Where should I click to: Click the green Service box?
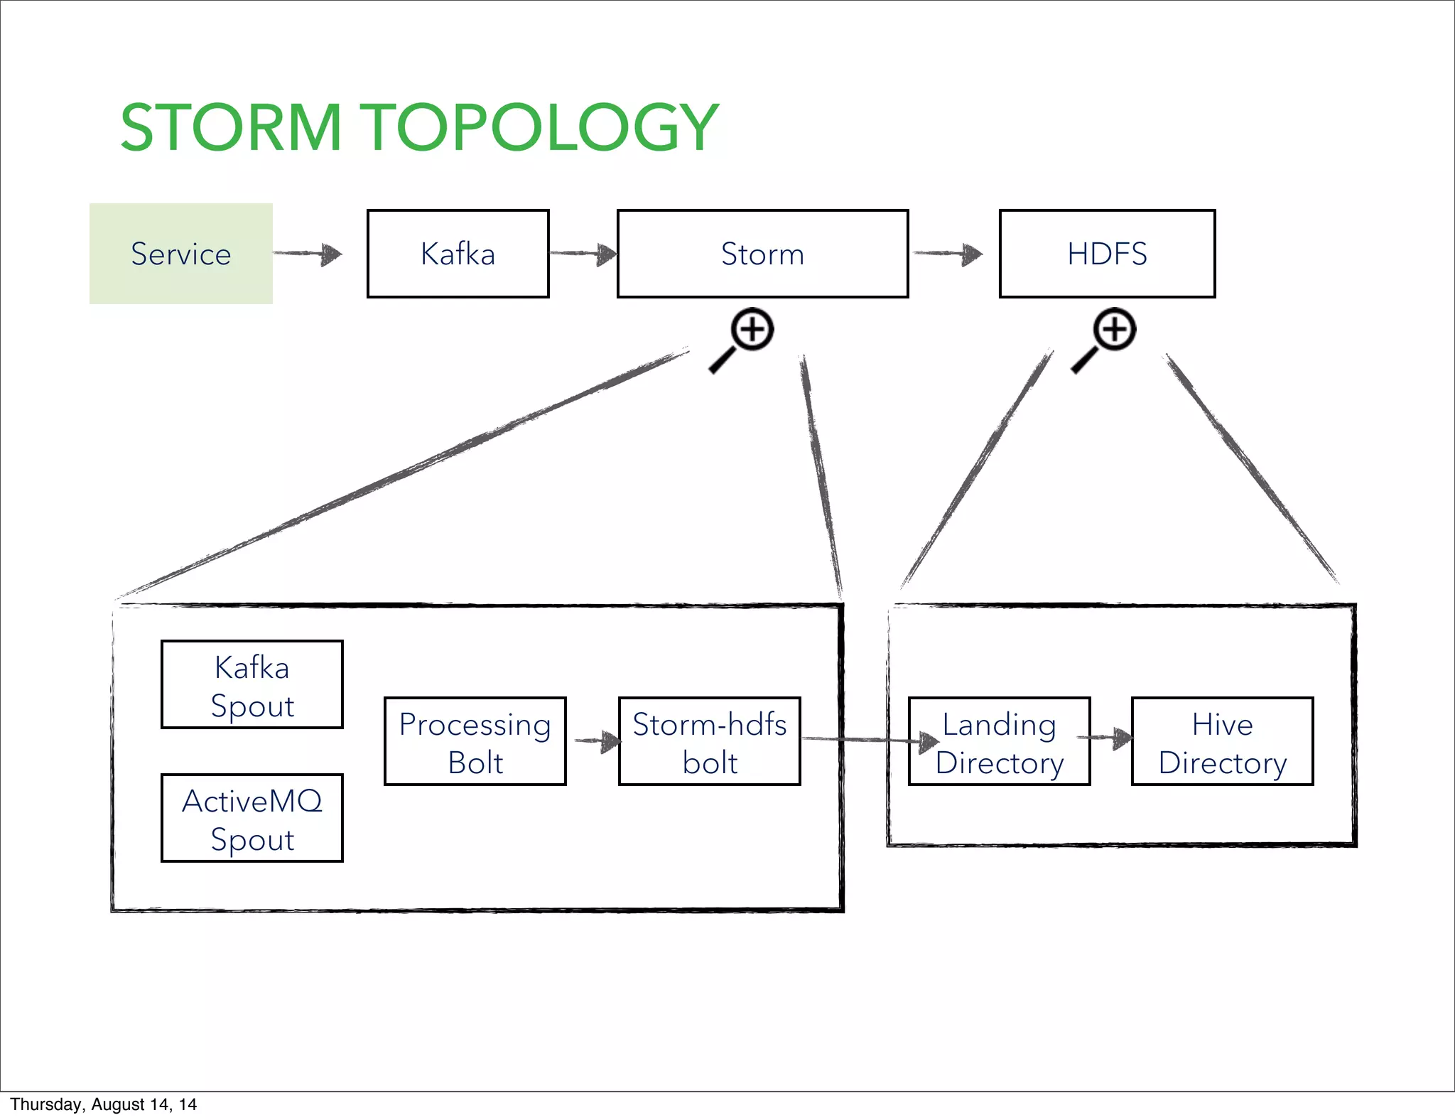tap(180, 254)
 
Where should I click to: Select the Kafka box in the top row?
tap(458, 254)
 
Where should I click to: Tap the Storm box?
tap(762, 254)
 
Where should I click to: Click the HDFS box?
tap(1107, 254)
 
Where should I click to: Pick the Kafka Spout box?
tap(252, 684)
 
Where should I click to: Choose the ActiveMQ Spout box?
tap(252, 818)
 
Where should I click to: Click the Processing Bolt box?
tap(475, 741)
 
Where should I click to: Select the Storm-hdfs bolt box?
tap(709, 741)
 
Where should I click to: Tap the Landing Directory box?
tap(999, 741)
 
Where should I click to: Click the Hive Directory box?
tap(1222, 741)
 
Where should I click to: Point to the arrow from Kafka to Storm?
tap(583, 253)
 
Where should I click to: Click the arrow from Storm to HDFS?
tap(948, 253)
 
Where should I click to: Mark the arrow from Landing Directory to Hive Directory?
tap(1105, 738)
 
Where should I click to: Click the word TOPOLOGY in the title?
tap(542, 128)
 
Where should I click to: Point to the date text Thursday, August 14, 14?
tap(104, 1104)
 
